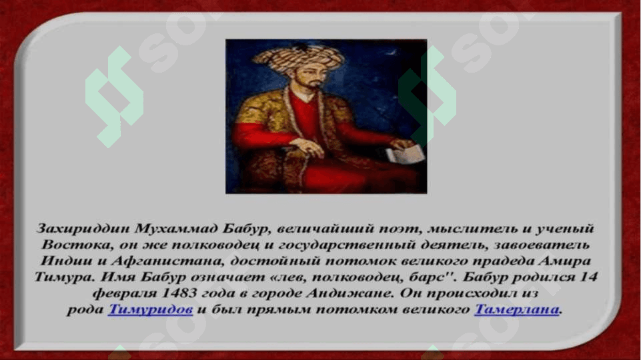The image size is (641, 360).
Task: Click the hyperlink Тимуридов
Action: [151, 309]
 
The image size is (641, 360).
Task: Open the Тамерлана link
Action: [516, 309]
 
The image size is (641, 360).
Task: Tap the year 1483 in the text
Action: [179, 293]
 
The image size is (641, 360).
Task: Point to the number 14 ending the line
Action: [588, 277]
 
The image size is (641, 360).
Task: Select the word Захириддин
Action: [83, 229]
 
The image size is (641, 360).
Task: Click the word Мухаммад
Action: [177, 229]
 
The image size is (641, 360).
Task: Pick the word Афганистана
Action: [167, 261]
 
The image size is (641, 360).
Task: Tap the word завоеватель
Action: [542, 245]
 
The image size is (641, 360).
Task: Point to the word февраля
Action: [125, 293]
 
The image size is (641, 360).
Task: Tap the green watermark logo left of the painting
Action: [114, 97]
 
